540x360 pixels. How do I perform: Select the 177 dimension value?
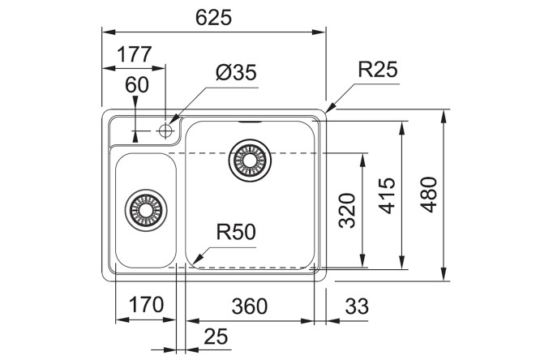(134, 56)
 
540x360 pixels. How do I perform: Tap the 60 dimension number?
(138, 85)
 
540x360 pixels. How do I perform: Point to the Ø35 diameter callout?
(236, 74)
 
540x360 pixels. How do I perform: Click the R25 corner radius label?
(378, 71)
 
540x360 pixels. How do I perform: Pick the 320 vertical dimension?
(348, 209)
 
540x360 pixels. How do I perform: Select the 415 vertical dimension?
(388, 195)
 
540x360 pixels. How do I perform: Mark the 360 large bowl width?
(249, 306)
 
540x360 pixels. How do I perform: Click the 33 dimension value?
(356, 306)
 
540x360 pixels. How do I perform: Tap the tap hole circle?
(167, 129)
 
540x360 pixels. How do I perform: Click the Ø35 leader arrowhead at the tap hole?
(174, 123)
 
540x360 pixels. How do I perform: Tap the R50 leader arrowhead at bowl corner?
(191, 260)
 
